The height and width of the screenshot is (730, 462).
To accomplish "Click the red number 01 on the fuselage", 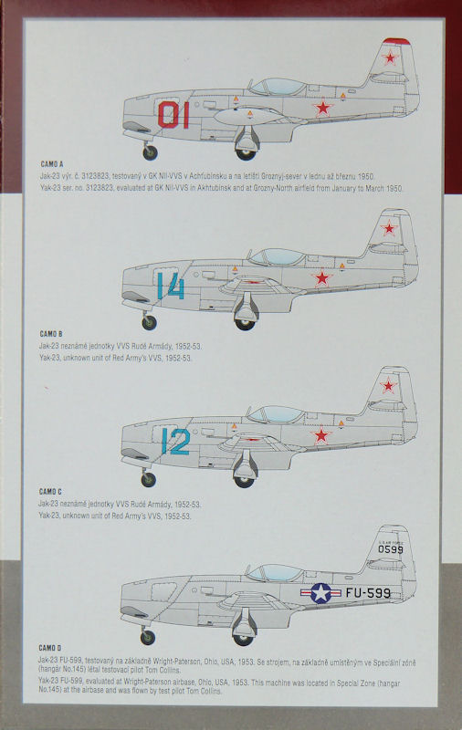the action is (173, 115).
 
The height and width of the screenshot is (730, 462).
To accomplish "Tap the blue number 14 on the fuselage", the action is (171, 286).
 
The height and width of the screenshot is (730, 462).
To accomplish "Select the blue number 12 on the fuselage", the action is (175, 442).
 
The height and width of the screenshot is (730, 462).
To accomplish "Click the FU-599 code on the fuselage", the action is (368, 592).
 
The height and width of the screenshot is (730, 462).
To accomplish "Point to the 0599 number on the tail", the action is (390, 549).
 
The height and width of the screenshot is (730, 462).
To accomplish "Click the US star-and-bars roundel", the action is (320, 593).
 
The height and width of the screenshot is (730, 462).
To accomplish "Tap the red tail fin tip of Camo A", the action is (396, 41).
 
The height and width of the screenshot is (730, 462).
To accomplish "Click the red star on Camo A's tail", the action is (390, 57).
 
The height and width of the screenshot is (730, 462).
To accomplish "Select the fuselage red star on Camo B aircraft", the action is (321, 278).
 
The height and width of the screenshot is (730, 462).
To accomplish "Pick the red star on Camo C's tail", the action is (388, 385).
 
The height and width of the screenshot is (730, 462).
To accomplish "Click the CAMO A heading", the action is (52, 164).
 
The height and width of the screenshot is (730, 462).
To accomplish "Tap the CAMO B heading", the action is (51, 334).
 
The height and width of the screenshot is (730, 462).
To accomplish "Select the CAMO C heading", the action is (50, 492).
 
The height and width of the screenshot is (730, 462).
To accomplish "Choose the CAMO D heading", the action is (50, 648).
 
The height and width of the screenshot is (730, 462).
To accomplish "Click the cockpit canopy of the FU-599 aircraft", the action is (275, 573).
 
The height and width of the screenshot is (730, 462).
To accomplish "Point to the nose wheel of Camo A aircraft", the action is (150, 152).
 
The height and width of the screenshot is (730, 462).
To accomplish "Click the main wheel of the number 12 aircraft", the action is (244, 482).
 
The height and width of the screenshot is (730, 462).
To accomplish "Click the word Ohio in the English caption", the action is (205, 683).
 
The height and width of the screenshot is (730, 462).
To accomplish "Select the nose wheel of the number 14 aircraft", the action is (149, 323).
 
